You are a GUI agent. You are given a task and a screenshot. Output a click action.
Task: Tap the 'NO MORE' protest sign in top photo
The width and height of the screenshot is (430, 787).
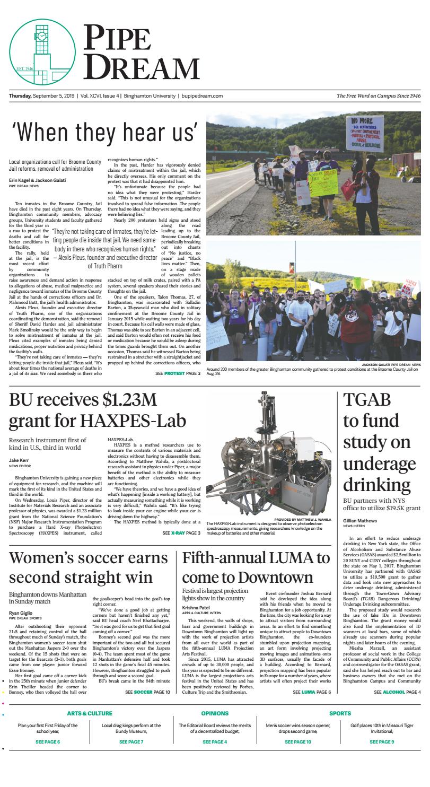click(x=364, y=134)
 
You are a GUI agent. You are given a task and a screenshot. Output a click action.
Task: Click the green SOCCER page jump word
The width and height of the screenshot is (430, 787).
click(x=143, y=692)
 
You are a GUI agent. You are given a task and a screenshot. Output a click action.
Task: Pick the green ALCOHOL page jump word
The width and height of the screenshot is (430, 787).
click(x=394, y=692)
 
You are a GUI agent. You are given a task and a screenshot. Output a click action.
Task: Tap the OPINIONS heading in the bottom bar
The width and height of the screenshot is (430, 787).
click(x=215, y=713)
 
